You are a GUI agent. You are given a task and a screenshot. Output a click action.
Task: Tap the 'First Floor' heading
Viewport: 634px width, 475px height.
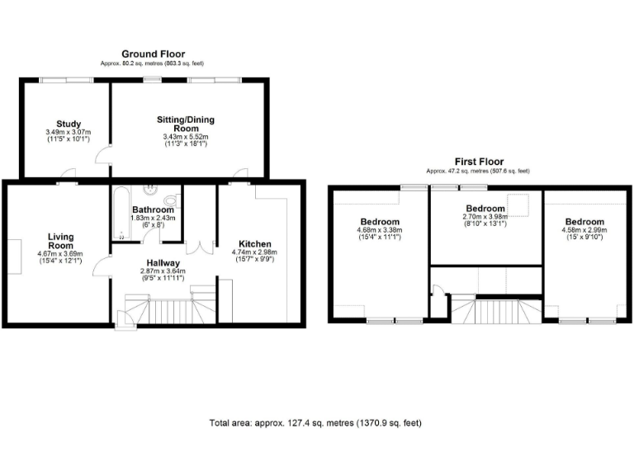click(x=479, y=162)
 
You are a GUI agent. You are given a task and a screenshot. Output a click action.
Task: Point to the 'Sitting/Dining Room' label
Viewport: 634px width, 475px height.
click(x=186, y=124)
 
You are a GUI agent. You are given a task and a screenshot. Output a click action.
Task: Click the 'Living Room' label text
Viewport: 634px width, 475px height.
click(x=60, y=240)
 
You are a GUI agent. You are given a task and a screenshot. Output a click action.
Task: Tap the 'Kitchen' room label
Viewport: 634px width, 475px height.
click(x=255, y=244)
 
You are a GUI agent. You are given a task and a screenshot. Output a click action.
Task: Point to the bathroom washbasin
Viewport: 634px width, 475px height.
click(x=151, y=189)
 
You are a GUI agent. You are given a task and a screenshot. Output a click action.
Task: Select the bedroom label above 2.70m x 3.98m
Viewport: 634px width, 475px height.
click(x=485, y=208)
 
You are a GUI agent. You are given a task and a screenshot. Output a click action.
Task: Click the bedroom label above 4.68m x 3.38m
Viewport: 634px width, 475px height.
click(x=379, y=222)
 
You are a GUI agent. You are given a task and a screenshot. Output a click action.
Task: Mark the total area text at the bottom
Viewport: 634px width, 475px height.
click(x=316, y=423)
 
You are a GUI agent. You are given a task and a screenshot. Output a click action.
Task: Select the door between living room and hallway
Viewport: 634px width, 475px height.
click(x=102, y=266)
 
